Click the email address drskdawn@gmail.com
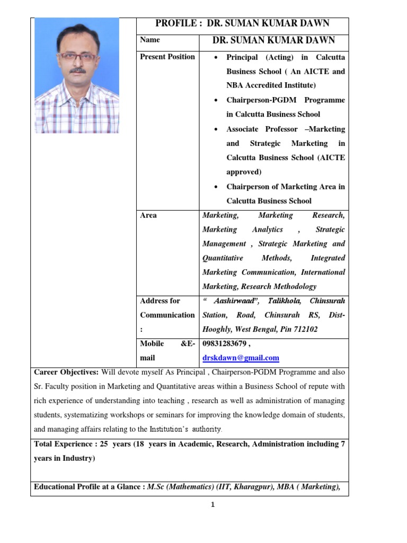pos(241,358)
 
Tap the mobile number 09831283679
pos(226,344)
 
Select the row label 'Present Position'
pos(167,57)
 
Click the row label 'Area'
pos(148,215)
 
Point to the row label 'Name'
pos(149,40)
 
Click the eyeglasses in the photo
pos(77,56)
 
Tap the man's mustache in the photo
pos(78,69)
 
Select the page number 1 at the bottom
pos(213,505)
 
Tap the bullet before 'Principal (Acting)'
pos(216,57)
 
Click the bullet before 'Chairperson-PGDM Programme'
pos(216,100)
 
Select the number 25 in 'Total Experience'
pos(103,444)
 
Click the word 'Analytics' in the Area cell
pos(268,230)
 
